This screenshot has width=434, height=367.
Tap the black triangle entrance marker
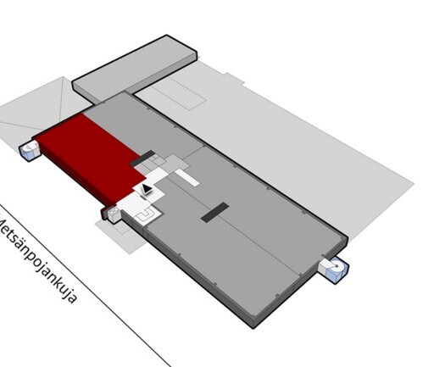(x=147, y=189)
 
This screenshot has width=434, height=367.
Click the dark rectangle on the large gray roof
(x=215, y=212)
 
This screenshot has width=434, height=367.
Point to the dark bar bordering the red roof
(x=142, y=158)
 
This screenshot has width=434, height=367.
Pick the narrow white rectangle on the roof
(x=187, y=177)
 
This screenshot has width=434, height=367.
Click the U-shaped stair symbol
(x=146, y=215)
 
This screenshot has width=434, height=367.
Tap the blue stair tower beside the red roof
(x=30, y=151)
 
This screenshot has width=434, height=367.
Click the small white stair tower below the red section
(x=113, y=214)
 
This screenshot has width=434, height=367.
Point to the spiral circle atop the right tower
(x=337, y=265)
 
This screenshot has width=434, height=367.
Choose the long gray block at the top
(x=135, y=69)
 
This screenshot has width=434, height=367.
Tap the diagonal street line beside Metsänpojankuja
(x=86, y=285)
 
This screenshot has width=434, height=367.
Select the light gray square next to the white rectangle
(x=176, y=164)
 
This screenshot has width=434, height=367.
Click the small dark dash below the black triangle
(x=143, y=197)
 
